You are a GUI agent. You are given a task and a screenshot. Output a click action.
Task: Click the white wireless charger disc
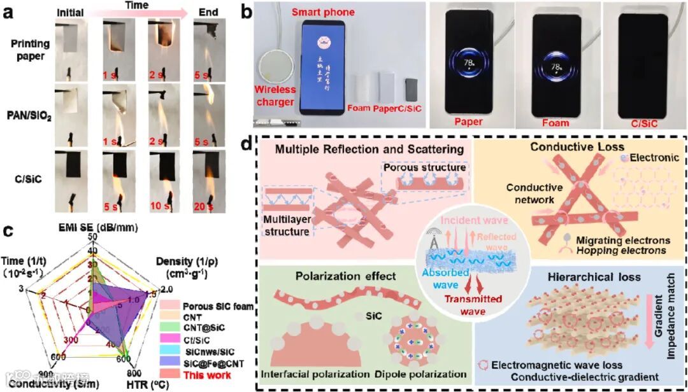[278, 71]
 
